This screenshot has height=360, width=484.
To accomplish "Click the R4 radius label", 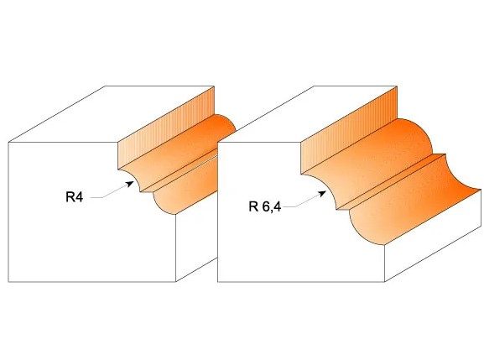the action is click(x=75, y=196).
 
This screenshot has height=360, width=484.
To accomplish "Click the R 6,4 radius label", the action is click(x=265, y=206).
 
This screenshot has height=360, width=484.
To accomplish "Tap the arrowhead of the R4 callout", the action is click(x=130, y=185).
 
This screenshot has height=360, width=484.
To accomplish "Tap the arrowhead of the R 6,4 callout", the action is click(x=322, y=194).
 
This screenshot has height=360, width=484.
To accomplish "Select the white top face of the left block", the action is click(x=111, y=114).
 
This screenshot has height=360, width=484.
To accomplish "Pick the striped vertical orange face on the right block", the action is click(x=349, y=130).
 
